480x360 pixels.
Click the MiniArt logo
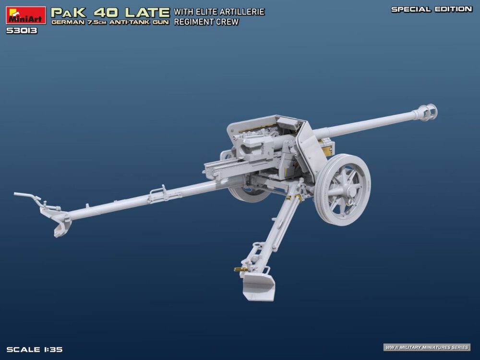(26, 15)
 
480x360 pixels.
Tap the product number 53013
(22, 31)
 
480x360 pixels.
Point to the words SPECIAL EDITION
(432, 9)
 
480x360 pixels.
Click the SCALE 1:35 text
(35, 349)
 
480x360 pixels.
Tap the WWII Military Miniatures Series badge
(427, 347)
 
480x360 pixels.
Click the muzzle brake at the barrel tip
(427, 112)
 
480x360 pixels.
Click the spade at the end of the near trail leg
(258, 286)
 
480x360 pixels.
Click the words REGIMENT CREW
(206, 22)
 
